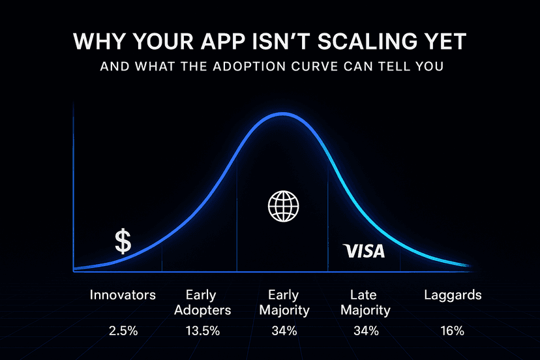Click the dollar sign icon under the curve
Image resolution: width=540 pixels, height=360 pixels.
(x=123, y=241)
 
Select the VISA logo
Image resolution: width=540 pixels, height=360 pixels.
(x=364, y=250)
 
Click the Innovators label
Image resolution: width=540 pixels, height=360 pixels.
(x=123, y=295)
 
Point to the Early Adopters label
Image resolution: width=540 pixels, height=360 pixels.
(x=201, y=302)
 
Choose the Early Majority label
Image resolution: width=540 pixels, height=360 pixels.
(x=284, y=302)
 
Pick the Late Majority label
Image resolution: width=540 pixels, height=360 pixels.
(x=366, y=302)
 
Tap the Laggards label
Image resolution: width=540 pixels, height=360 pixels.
(x=453, y=295)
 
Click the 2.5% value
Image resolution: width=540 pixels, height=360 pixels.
(x=123, y=331)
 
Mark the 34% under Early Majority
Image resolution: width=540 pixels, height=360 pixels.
(x=284, y=331)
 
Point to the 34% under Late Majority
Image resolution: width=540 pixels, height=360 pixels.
(x=366, y=331)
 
